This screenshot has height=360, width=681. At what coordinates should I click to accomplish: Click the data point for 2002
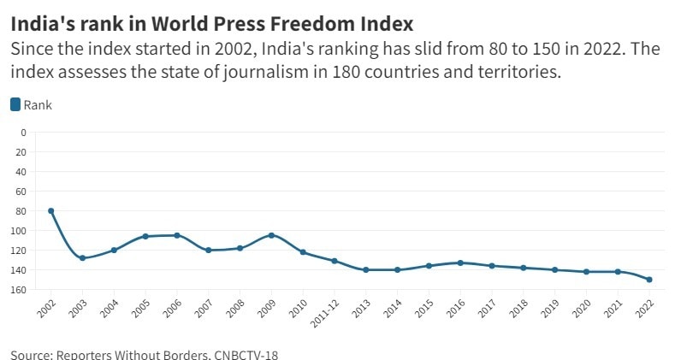[50, 210]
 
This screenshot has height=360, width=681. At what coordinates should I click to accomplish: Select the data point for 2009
[271, 235]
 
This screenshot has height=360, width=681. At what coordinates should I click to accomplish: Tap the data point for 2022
[649, 280]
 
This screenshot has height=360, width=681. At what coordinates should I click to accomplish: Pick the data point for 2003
[82, 257]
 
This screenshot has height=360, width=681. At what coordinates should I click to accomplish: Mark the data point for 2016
[460, 263]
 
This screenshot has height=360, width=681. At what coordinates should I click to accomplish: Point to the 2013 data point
[366, 269]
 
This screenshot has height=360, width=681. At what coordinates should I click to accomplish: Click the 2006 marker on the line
[177, 235]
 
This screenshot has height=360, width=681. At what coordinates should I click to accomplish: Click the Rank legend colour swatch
[15, 104]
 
